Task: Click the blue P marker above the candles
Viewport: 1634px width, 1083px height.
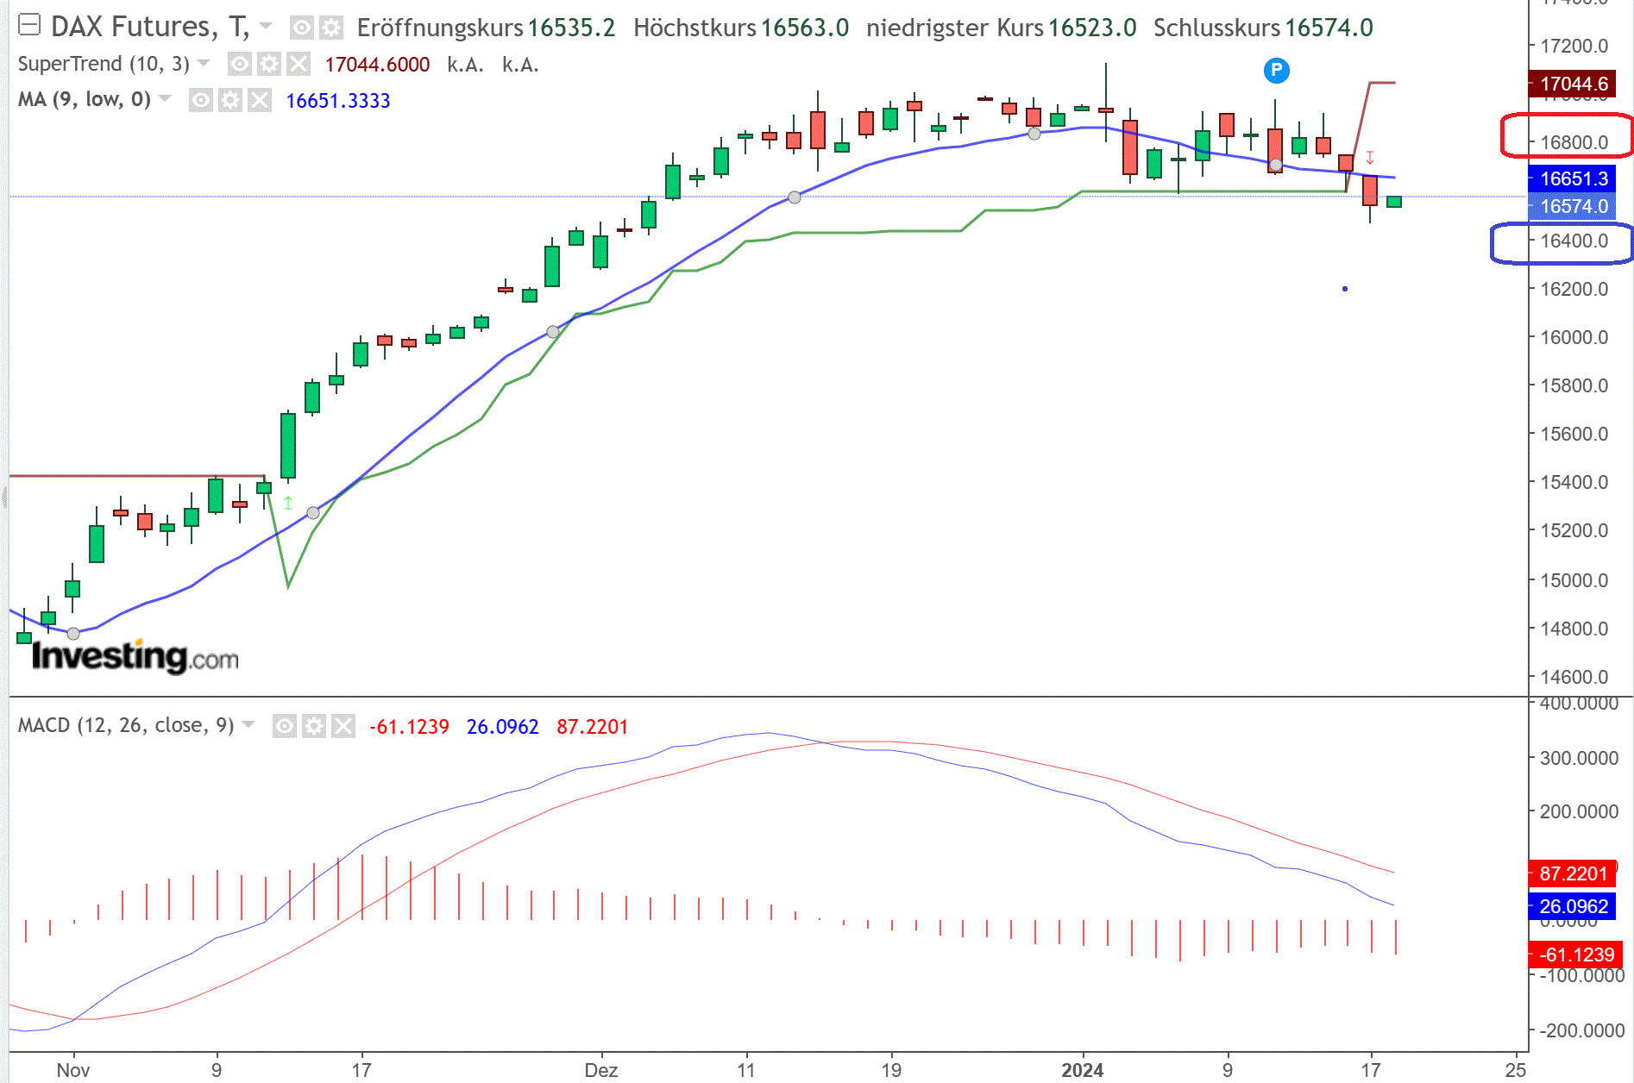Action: [x=1276, y=71]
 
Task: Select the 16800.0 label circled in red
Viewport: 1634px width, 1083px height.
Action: [x=1574, y=142]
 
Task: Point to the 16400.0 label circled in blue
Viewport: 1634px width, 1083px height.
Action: [x=1574, y=241]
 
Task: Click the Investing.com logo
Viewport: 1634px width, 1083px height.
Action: [x=135, y=657]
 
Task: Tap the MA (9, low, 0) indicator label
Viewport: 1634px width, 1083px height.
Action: [x=84, y=100]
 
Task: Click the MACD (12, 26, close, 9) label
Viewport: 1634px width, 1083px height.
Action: [x=126, y=725]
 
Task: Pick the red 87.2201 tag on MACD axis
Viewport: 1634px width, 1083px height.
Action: [x=1573, y=873]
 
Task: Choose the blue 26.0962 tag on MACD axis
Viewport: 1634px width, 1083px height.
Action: [x=1573, y=906]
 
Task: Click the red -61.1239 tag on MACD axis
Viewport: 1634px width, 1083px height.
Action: [x=1575, y=955]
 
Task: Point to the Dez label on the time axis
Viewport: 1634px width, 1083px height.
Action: [x=600, y=1070]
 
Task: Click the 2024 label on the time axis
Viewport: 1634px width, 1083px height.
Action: [x=1082, y=1070]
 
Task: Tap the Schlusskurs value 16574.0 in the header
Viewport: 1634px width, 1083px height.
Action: [x=1329, y=28]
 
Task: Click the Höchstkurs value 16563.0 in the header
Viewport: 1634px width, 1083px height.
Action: [x=804, y=28]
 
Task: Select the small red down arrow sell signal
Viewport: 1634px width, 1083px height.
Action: [x=1370, y=158]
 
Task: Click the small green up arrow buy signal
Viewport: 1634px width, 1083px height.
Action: [x=288, y=502]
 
